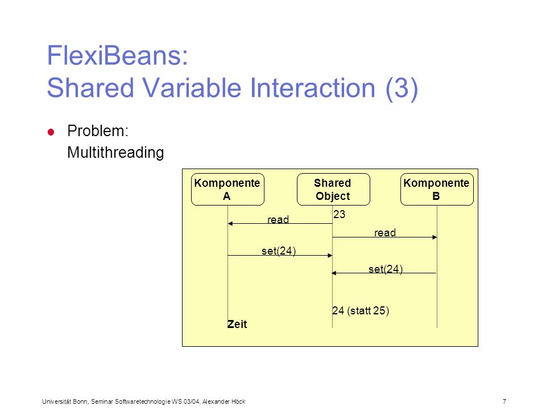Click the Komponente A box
[227, 189]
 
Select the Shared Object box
[333, 189]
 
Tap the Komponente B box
[437, 189]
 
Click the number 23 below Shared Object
[339, 214]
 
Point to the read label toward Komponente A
[278, 219]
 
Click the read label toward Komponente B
[385, 232]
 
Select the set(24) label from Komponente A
[279, 251]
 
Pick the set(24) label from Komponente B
[386, 269]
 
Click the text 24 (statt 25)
[361, 310]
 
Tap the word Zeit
[237, 324]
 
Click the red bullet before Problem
[51, 132]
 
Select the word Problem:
[98, 131]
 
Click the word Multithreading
[115, 153]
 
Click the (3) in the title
[402, 88]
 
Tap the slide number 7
[504, 401]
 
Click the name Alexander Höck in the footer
[224, 401]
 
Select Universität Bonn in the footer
[65, 401]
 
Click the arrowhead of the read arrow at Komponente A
[230, 223]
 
